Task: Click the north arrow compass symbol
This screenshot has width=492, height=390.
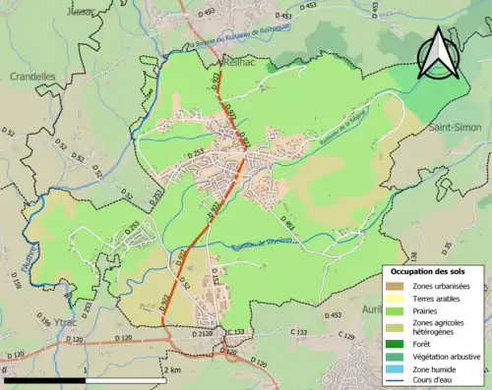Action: tap(435, 53)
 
